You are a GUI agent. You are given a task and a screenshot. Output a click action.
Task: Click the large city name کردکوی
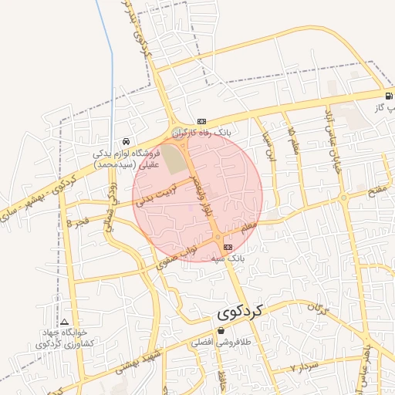(237, 312)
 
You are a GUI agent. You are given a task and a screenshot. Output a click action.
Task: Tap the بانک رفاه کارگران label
(202, 133)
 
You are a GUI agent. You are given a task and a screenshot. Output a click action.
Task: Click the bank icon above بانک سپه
(228, 246)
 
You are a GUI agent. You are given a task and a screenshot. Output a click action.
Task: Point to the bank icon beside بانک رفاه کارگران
(202, 121)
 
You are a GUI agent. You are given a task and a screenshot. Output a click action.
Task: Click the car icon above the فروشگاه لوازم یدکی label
(125, 142)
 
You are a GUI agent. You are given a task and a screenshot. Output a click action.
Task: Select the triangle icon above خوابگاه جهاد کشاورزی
(65, 321)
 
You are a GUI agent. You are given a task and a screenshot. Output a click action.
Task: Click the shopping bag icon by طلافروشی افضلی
(221, 330)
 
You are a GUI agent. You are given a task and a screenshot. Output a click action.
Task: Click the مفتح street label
(382, 189)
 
